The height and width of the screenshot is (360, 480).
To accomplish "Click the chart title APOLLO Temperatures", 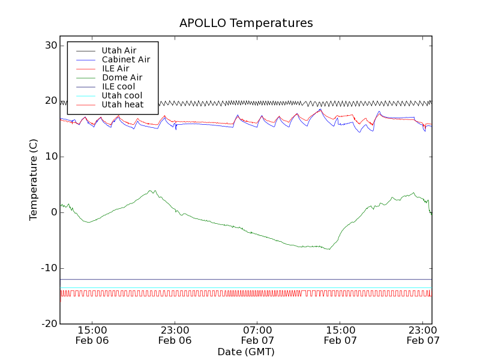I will [x=246, y=23].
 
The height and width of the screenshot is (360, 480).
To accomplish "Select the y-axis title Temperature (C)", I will [x=34, y=180].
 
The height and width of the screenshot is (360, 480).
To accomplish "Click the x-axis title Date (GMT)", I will [x=246, y=352].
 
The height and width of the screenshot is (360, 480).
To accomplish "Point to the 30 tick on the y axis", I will [x=50, y=46].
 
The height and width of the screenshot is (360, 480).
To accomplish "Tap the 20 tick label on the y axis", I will [x=50, y=101].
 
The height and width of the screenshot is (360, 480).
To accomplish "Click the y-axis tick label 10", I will [x=50, y=157].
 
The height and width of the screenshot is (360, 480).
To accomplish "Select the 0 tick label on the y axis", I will [x=53, y=213].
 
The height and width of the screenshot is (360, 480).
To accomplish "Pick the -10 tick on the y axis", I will [x=48, y=268].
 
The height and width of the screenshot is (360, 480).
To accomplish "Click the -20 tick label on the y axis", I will [x=48, y=324].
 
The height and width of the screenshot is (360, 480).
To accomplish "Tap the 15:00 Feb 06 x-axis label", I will [x=92, y=335].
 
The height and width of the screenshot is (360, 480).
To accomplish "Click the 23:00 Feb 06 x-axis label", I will [x=175, y=335].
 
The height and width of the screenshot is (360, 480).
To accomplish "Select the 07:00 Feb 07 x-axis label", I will [x=257, y=335].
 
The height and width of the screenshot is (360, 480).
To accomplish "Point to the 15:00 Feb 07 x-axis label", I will [x=340, y=335].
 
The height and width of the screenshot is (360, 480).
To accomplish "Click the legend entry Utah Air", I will [x=119, y=50].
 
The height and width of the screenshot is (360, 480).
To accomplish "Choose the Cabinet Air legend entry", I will [x=125, y=59].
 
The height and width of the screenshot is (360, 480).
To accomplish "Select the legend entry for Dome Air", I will [x=122, y=77].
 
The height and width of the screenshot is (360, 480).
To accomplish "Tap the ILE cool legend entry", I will [x=118, y=86].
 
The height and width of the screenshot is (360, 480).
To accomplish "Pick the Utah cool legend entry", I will [x=122, y=95].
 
